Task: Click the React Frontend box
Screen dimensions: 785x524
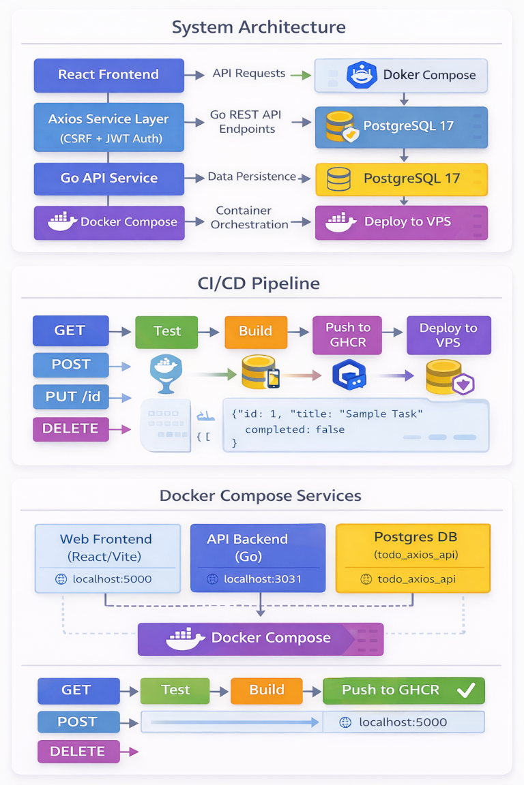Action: pos(108,75)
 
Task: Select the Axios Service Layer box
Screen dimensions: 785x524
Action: pos(108,127)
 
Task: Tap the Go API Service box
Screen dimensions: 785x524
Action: pos(108,179)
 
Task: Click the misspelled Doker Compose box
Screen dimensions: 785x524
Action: pos(401,75)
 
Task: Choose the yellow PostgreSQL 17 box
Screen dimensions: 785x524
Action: pos(401,179)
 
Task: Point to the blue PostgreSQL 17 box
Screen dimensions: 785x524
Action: pos(401,127)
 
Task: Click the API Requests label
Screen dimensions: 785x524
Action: pos(248,74)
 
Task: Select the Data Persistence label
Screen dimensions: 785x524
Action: pos(252,177)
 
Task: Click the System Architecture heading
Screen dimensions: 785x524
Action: pos(259,27)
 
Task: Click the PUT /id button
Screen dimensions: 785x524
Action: pos(70,397)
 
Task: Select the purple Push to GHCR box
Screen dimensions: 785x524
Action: pos(348,334)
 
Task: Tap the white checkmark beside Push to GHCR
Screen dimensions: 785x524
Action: pos(466,690)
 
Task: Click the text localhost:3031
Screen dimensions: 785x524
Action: pos(263,579)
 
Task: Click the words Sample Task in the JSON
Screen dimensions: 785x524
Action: pos(383,414)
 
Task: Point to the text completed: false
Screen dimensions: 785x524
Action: pos(294,429)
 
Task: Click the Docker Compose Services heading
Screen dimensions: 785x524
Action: pos(261,495)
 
